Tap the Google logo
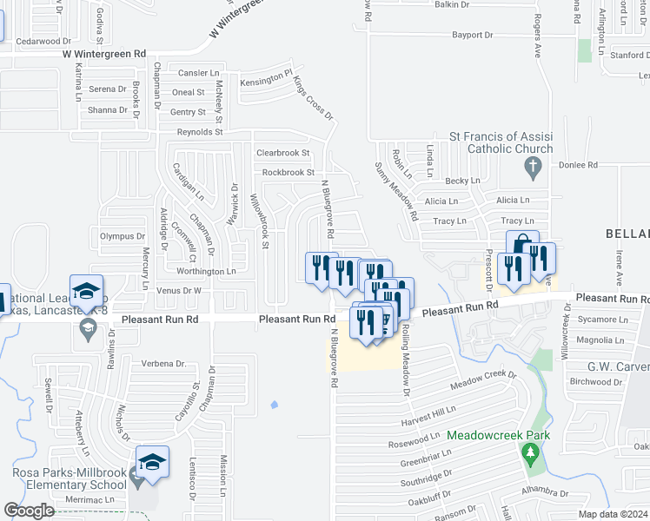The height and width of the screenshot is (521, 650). click(x=29, y=511)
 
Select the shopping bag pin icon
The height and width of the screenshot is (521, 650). click(x=522, y=245)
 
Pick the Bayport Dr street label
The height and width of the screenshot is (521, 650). click(x=472, y=36)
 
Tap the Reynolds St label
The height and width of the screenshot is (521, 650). click(x=200, y=132)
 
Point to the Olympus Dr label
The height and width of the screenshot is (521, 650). click(x=122, y=236)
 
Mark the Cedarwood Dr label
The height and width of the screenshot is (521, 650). click(x=43, y=41)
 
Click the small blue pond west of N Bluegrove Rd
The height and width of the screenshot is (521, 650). click(x=275, y=404)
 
